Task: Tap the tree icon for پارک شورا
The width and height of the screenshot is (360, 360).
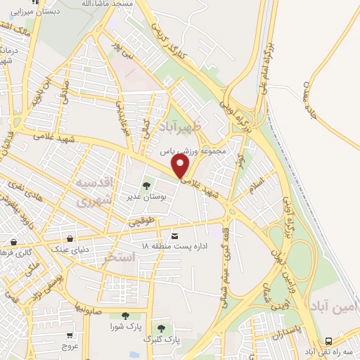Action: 125,316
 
